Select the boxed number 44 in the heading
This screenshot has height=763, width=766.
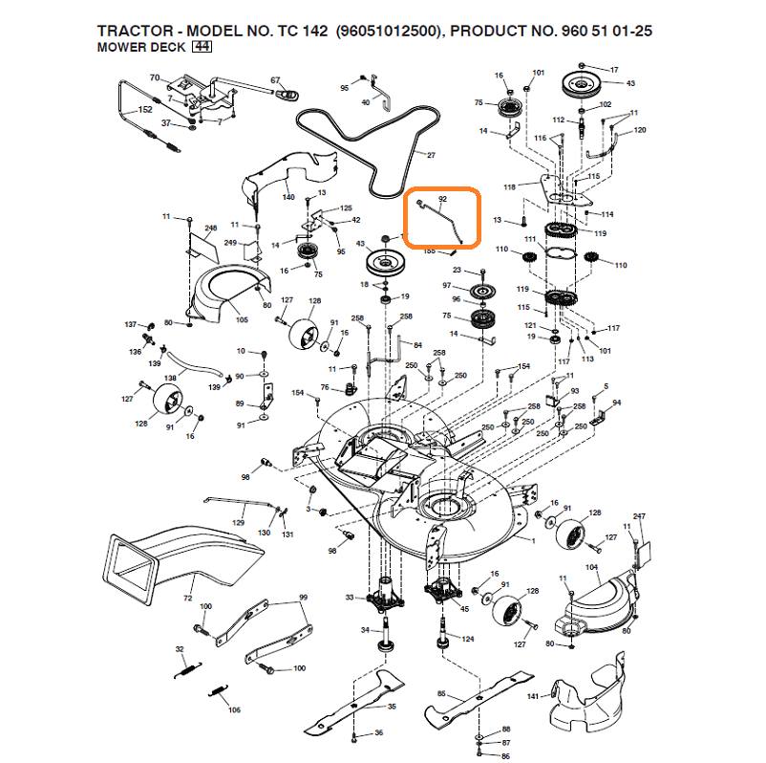202,46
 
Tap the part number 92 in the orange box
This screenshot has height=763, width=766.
441,200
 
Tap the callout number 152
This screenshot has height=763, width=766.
144,110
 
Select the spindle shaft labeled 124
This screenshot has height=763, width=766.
444,631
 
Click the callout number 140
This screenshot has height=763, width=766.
288,197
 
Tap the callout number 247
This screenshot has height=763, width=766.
640,517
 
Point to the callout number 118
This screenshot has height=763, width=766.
509,186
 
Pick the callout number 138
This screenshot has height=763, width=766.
170,379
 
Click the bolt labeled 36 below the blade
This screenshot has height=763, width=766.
355,735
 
